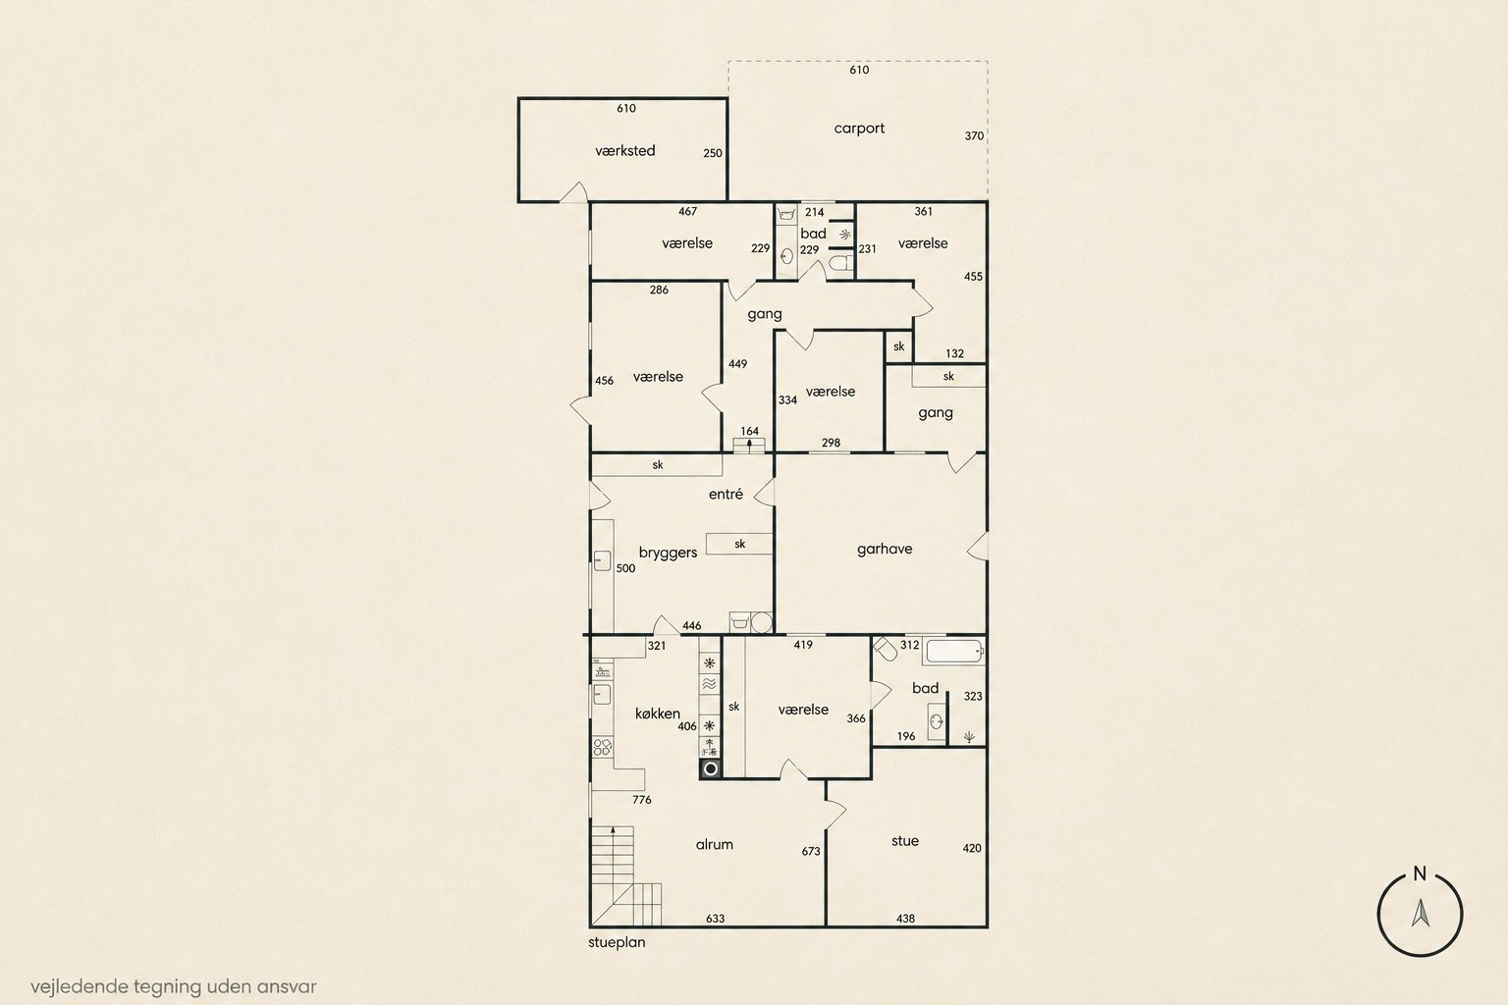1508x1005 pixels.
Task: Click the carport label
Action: (859, 129)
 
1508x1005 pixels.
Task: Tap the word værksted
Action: (624, 151)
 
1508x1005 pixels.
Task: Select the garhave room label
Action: (885, 550)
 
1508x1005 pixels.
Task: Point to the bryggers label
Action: (668, 553)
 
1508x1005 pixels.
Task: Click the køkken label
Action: (657, 714)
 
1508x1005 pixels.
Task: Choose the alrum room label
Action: (715, 845)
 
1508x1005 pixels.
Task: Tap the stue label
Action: (905, 841)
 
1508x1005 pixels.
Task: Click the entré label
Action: (726, 494)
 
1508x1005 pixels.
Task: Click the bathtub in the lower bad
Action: (954, 652)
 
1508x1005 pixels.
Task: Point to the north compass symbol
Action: (1420, 914)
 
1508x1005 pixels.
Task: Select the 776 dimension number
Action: (641, 800)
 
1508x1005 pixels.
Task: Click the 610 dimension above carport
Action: (859, 70)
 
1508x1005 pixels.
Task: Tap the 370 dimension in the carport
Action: (974, 136)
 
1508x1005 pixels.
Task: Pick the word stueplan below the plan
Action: (617, 942)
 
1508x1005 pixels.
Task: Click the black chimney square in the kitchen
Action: (710, 768)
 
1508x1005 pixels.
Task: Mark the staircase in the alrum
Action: (626, 875)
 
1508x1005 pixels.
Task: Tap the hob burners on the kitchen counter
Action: (603, 747)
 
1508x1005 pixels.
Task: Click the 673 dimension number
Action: (811, 852)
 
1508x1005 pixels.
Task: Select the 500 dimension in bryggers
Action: (625, 568)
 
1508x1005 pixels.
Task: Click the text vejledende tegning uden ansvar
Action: (173, 986)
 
